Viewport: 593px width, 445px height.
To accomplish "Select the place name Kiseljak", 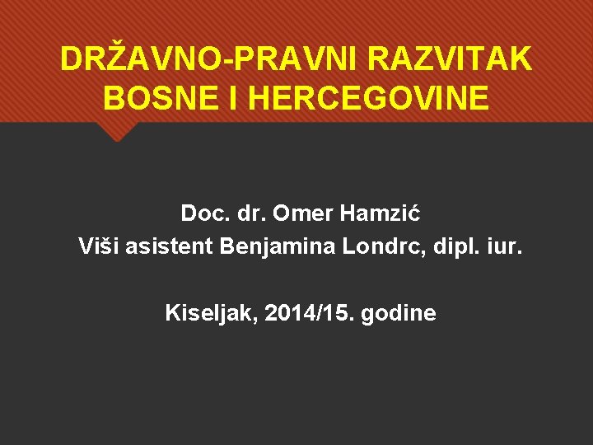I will (x=202, y=313).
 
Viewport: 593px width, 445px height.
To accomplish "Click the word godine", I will (x=397, y=313).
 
